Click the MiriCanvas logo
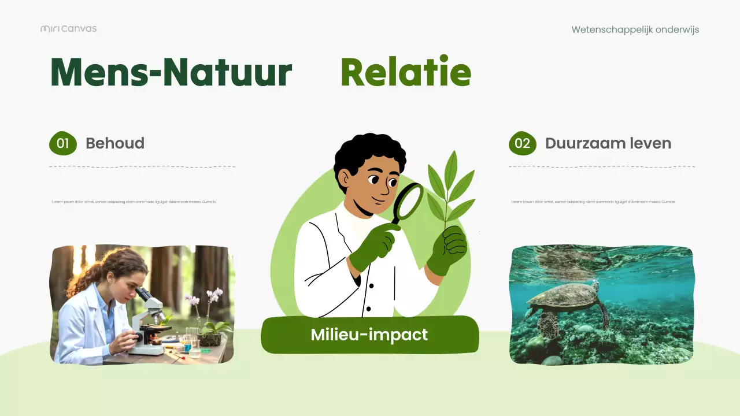tap(68, 28)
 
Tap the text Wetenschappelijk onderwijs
tap(635, 29)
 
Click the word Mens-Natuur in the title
tap(171, 73)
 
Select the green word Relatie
tap(406, 73)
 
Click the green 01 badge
tap(63, 143)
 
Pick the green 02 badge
tap(522, 143)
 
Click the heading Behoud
tap(115, 143)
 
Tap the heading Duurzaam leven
tap(608, 143)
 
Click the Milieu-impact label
tap(369, 335)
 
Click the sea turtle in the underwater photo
tap(564, 300)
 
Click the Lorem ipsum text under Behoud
tap(134, 202)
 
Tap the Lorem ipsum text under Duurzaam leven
tap(593, 202)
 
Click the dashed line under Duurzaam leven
tap(601, 166)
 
